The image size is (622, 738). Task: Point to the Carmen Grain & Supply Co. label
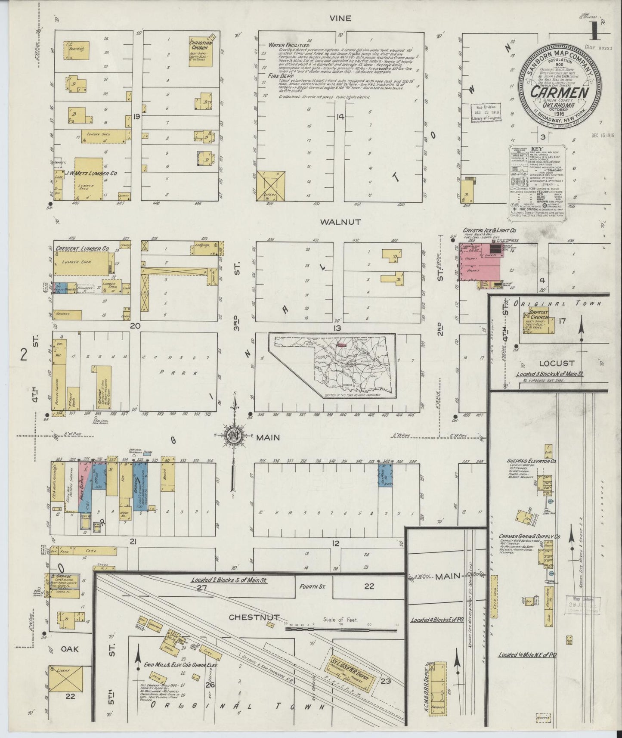click(529, 536)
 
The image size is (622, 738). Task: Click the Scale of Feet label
click(341, 620)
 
